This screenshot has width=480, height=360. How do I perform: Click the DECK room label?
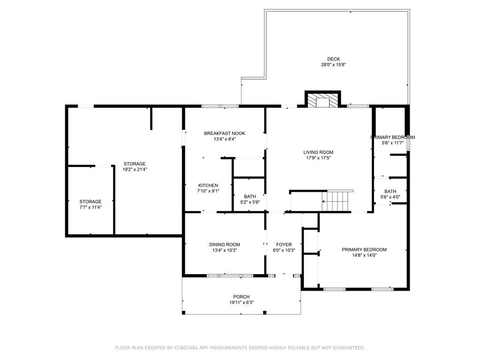333,59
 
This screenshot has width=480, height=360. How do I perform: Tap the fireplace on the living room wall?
322,99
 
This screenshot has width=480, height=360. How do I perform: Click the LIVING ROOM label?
318,152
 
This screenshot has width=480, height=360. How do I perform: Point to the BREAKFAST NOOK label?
225,133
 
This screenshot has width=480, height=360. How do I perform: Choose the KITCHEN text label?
208,185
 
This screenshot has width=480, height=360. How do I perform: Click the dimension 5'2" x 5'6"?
250,202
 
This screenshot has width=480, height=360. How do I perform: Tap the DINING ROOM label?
225,244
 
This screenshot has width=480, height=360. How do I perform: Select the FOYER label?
284,244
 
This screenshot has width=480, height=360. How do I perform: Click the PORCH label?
241,297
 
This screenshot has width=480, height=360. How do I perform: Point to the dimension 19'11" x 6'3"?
241,302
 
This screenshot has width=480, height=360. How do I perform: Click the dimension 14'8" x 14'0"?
364,255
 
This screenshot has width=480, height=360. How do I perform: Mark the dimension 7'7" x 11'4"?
90,207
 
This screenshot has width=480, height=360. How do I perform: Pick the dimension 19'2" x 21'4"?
135,169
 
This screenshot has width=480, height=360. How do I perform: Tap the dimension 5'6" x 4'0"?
390,197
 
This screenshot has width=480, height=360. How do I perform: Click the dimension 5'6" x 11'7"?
393,143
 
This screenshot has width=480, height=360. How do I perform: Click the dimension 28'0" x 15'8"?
333,65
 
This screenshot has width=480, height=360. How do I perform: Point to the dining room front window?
230,276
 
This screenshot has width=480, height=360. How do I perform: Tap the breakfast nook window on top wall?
220,106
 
